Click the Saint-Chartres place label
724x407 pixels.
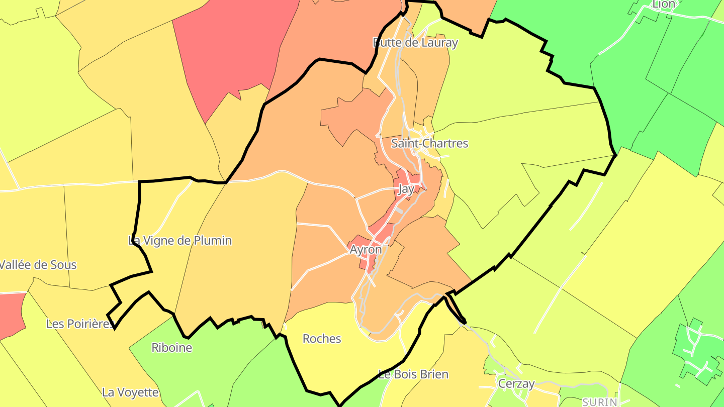(x=429, y=144)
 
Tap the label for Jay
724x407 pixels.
(x=406, y=189)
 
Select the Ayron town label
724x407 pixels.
(x=366, y=250)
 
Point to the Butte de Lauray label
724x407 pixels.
(x=415, y=43)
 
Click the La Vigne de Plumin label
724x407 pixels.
(x=180, y=241)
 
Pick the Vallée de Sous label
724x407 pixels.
(x=38, y=265)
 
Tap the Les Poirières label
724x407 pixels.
(x=80, y=324)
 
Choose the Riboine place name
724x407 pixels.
(x=171, y=348)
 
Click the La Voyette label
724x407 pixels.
(x=130, y=392)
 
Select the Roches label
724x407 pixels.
(x=322, y=339)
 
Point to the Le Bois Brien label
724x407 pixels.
(x=413, y=375)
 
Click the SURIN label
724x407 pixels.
(x=599, y=402)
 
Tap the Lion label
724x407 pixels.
(x=664, y=5)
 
